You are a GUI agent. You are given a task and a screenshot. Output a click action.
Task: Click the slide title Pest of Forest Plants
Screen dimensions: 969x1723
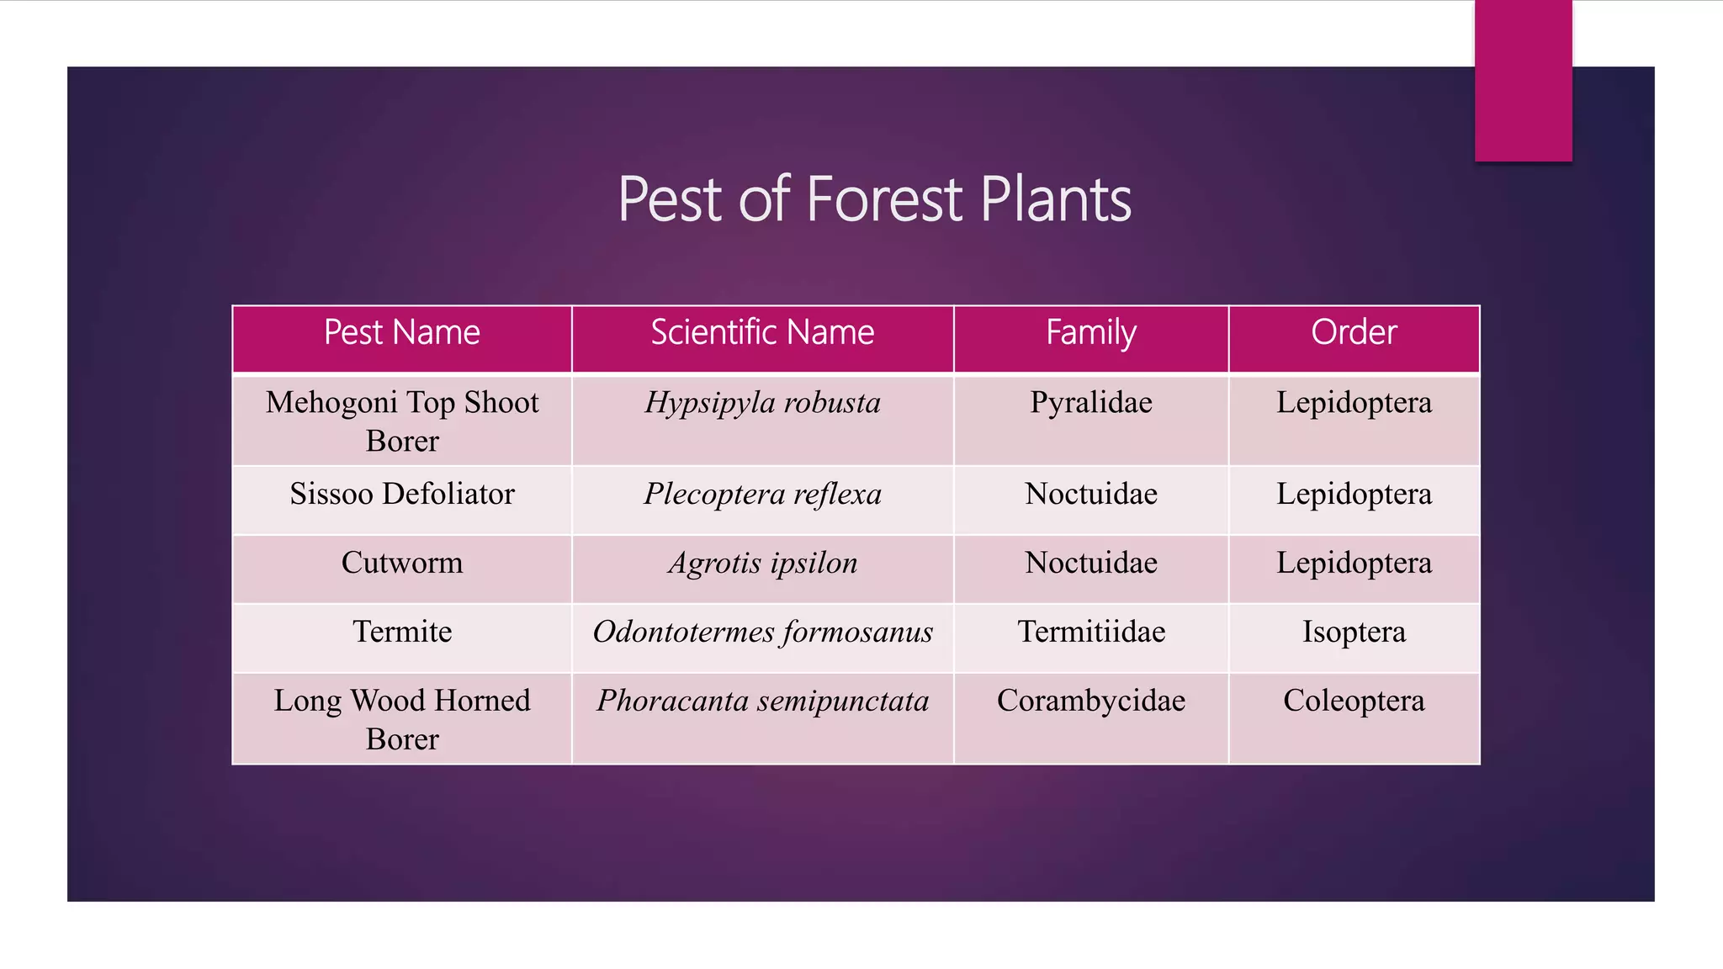pos(874,199)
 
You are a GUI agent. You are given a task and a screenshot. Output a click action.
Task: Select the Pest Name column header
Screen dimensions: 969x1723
pos(402,333)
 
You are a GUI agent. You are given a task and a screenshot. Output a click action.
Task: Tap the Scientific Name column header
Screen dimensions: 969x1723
pos(762,333)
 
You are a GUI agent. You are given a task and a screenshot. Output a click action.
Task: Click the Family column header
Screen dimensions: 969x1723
pos(1091,333)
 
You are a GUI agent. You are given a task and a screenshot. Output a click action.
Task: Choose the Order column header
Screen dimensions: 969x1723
pos(1354,333)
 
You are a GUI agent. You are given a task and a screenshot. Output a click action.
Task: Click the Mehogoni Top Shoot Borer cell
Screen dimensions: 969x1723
pos(402,421)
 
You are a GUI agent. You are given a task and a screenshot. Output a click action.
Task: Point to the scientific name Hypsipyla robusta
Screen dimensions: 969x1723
pos(762,403)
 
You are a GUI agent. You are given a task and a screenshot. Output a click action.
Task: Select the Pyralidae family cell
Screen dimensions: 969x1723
pos(1091,403)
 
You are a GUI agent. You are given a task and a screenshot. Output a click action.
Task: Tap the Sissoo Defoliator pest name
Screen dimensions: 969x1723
pos(402,494)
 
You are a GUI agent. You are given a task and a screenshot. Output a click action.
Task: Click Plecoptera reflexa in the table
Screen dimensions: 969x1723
pos(762,494)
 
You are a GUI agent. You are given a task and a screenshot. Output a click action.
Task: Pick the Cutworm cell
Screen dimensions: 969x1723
pos(402,563)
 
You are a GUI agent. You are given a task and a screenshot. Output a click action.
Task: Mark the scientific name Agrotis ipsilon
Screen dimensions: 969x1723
pos(762,563)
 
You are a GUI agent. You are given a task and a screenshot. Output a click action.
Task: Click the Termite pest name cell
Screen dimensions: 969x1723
pos(402,632)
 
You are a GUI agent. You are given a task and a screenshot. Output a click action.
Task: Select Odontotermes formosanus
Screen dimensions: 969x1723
pos(762,632)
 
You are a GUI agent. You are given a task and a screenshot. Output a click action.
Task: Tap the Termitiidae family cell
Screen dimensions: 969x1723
pos(1091,632)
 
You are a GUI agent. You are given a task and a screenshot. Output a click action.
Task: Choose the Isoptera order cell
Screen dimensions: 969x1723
pos(1354,632)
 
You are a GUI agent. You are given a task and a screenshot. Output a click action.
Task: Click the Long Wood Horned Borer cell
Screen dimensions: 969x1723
pos(402,719)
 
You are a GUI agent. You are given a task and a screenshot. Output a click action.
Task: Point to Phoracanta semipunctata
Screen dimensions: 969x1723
pos(762,701)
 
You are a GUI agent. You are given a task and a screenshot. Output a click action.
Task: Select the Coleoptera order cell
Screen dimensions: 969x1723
pos(1354,701)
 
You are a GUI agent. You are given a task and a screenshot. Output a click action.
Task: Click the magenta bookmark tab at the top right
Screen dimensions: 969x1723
pos(1523,80)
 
